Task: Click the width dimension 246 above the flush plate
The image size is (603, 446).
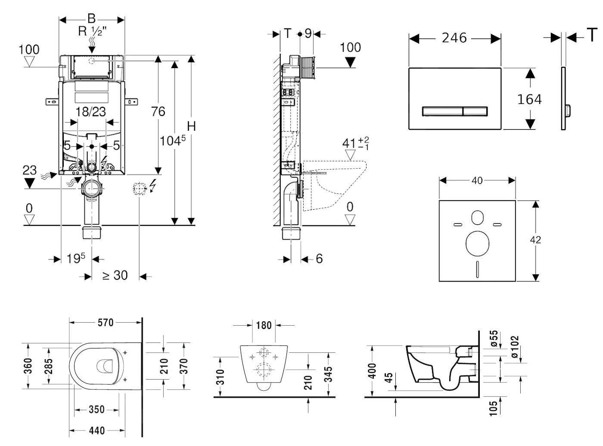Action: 454,38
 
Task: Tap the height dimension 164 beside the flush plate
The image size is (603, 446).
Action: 529,100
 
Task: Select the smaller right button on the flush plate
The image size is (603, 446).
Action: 476,111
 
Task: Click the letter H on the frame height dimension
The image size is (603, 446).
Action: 192,126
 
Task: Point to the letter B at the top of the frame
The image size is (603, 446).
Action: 91,19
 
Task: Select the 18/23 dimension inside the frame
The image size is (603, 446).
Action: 90,112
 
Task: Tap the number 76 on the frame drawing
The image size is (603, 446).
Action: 158,112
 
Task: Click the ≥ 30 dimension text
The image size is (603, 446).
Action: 115,275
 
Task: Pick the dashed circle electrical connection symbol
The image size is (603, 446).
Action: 140,188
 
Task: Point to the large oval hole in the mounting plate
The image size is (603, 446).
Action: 477,243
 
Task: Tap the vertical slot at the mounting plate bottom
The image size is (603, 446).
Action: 477,269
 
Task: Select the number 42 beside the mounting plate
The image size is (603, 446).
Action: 535,240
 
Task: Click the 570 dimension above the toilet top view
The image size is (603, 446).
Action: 105,322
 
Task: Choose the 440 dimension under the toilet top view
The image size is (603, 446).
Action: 97,430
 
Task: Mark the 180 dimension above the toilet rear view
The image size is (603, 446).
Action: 264,325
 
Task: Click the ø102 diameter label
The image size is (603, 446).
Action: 515,347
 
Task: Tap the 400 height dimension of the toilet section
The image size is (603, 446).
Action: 373,371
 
